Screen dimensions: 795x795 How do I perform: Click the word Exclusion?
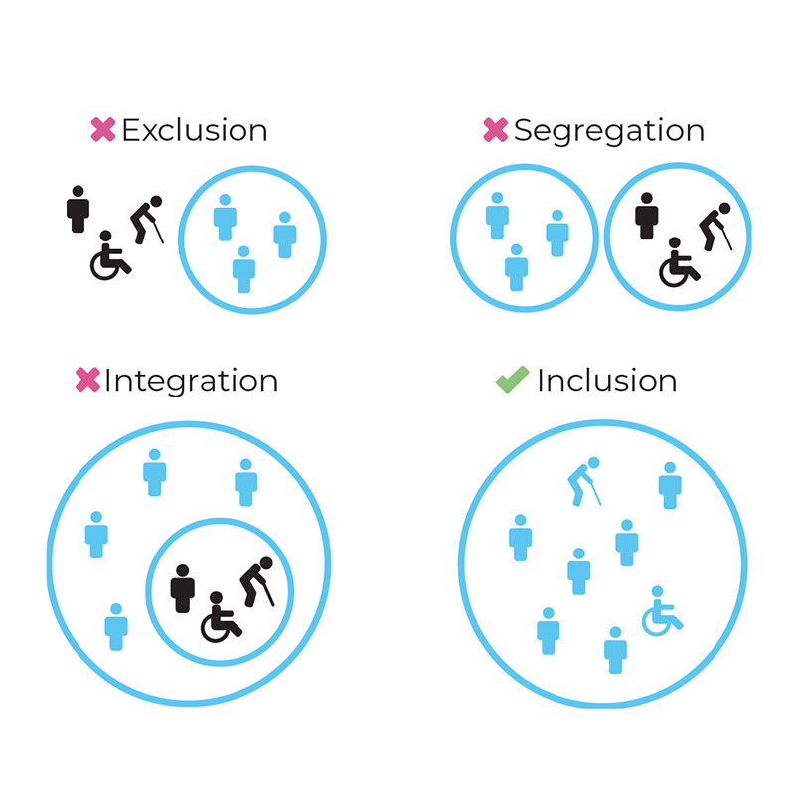pyautogui.click(x=194, y=130)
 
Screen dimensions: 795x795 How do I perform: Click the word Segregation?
pyautogui.click(x=608, y=130)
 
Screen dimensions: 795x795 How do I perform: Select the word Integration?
pyautogui.click(x=191, y=381)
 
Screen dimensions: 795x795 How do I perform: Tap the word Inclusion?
pyautogui.click(x=606, y=381)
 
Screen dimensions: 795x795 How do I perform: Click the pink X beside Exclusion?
pyautogui.click(x=103, y=130)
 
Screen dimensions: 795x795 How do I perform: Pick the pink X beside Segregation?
pyautogui.click(x=494, y=130)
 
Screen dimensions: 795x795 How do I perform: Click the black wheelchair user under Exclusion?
pyautogui.click(x=109, y=257)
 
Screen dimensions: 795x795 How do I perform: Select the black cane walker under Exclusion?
pyautogui.click(x=148, y=219)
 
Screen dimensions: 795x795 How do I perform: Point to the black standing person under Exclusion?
pyautogui.click(x=78, y=209)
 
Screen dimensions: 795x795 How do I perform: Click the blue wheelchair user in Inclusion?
pyautogui.click(x=661, y=610)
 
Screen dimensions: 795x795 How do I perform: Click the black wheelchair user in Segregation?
pyautogui.click(x=679, y=261)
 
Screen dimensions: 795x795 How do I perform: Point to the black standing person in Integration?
pyautogui.click(x=182, y=588)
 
